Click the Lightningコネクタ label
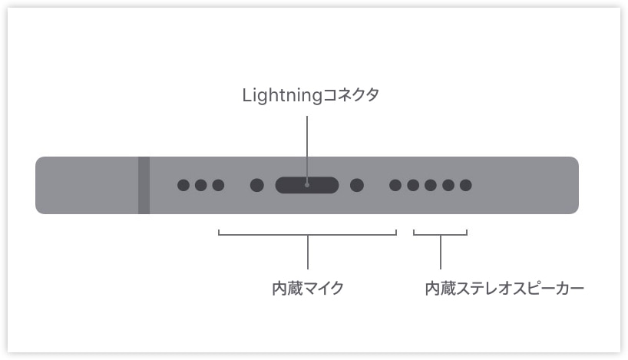click(310, 96)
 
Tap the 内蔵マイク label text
click(308, 289)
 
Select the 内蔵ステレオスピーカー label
click(504, 289)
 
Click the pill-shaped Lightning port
click(307, 185)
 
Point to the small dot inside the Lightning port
click(307, 185)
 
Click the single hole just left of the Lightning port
click(256, 185)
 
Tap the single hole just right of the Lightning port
click(357, 185)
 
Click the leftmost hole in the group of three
click(183, 185)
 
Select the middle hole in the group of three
click(200, 185)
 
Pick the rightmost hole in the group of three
click(218, 185)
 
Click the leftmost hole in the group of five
click(395, 185)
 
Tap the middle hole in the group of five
click(431, 185)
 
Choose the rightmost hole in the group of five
click(466, 185)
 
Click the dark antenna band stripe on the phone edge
click(144, 186)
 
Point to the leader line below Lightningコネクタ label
click(307, 150)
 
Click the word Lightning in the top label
click(283, 96)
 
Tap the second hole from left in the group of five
click(413, 185)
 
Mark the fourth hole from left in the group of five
click(448, 185)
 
